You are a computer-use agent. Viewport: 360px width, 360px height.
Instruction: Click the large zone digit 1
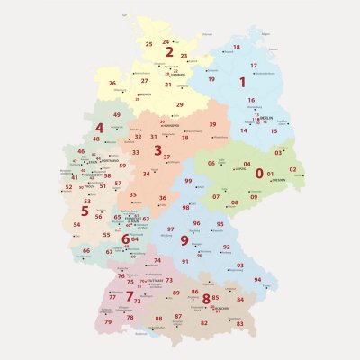(241, 82)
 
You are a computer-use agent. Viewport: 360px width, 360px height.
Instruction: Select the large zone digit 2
(169, 51)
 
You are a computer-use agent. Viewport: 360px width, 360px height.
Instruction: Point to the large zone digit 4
(99, 128)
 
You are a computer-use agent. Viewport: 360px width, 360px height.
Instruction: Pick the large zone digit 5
(85, 211)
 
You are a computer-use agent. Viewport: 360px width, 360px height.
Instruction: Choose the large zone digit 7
(130, 295)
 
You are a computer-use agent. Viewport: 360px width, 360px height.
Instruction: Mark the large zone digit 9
(184, 240)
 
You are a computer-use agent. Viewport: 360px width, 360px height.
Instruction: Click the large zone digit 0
(259, 172)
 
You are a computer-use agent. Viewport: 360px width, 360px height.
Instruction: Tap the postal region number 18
(236, 47)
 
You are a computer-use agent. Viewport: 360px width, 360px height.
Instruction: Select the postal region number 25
(148, 43)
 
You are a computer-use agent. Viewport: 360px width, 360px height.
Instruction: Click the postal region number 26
(112, 84)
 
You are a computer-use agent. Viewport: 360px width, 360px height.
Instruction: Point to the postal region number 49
(117, 115)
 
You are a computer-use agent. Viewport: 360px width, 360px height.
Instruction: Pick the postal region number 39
(212, 124)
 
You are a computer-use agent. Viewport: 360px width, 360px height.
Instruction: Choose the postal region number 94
(257, 280)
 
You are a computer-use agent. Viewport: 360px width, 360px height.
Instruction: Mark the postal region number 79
(108, 321)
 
